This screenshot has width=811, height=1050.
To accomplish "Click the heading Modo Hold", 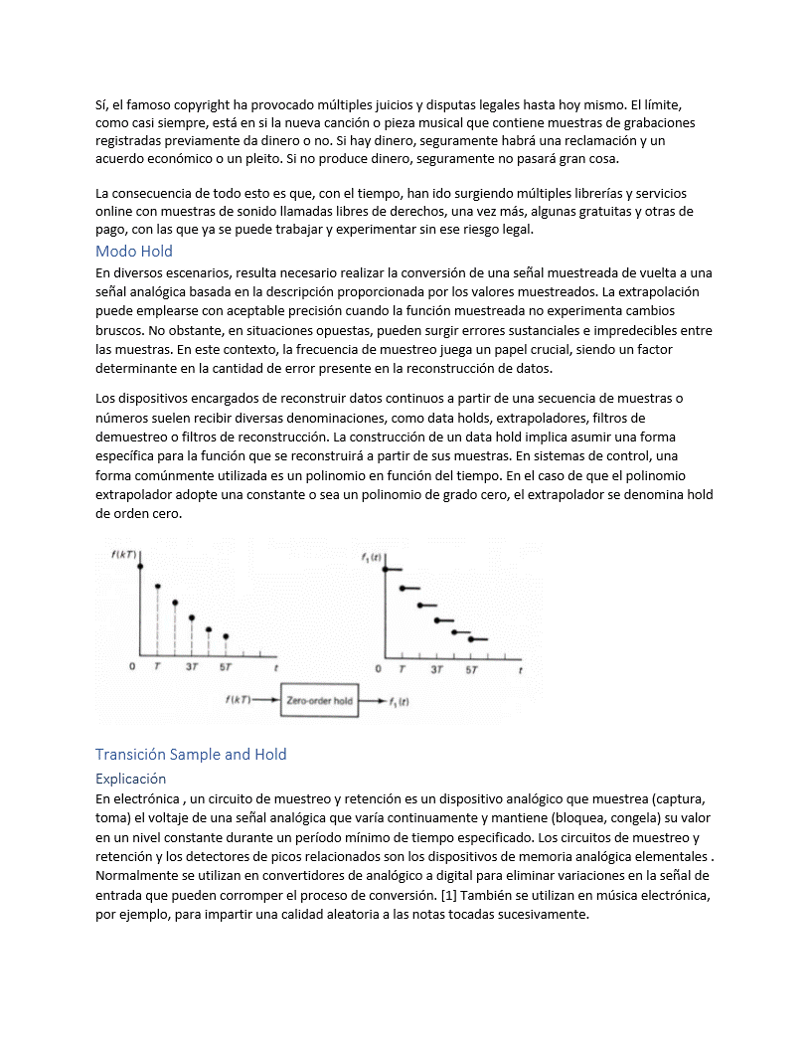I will point(134,252).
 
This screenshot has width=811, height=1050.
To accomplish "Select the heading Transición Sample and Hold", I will point(191,754).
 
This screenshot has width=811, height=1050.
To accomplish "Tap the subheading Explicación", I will point(130,779).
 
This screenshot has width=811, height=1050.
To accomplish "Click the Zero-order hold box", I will point(319,701).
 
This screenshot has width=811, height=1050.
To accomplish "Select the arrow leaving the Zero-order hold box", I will point(372,701).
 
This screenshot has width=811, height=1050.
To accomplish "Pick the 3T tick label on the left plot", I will point(192,668).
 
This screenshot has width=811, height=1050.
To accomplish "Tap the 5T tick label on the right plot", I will point(471,669).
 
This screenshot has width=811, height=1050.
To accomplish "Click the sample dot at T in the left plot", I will point(158,587).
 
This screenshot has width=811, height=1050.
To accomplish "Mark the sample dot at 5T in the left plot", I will point(227,636).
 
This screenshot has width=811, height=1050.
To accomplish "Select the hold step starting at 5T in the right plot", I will point(478,639).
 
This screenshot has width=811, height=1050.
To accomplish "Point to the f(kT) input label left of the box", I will point(239,701).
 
